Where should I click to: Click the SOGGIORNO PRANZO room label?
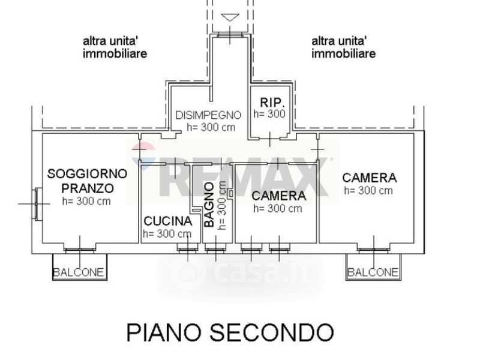click(88, 181)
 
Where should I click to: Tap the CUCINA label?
click(167, 221)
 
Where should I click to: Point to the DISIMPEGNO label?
click(208, 115)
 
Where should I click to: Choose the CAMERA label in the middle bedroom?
click(278, 196)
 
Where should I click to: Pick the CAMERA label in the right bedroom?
click(369, 178)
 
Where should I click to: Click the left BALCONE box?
click(79, 268)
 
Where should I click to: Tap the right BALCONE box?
click(373, 268)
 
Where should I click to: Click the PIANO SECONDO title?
click(230, 331)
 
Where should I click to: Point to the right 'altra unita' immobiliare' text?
click(343, 47)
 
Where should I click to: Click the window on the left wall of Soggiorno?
click(38, 203)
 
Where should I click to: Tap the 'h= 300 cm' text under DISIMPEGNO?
click(211, 127)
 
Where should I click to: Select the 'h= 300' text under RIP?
click(269, 113)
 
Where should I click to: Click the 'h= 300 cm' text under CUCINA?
click(167, 234)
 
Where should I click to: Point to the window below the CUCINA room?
click(188, 247)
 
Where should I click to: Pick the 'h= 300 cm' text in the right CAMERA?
click(368, 191)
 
